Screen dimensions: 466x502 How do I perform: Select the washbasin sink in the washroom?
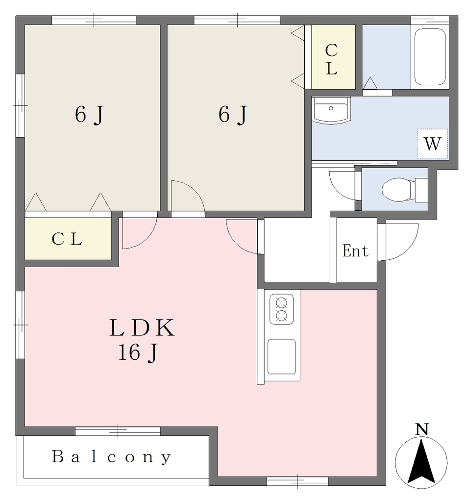click(331, 110)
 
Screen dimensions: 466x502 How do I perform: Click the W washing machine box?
click(432, 144)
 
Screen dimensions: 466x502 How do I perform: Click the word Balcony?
click(111, 457)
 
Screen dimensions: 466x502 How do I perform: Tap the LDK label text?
click(142, 328)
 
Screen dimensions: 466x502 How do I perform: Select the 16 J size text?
click(138, 352)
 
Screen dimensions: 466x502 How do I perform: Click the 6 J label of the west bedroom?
click(89, 115)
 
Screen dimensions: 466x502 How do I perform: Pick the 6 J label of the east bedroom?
click(233, 115)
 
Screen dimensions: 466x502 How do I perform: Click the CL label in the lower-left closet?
click(67, 239)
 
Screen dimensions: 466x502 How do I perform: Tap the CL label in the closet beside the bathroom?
click(332, 59)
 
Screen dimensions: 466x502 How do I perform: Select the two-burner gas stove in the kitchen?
click(281, 309)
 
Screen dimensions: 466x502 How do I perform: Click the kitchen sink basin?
click(281, 357)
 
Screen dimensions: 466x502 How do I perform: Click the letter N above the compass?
click(422, 429)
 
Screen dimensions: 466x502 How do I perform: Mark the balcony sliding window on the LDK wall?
click(118, 431)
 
